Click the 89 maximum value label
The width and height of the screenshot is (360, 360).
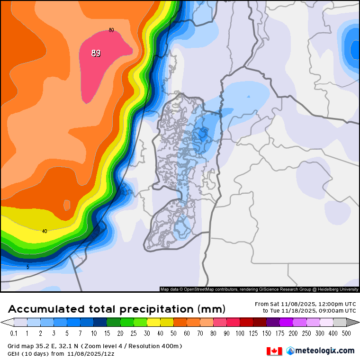(x=96, y=53)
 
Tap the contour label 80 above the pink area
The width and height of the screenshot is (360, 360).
(x=111, y=30)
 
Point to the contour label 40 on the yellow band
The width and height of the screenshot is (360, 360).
(x=45, y=231)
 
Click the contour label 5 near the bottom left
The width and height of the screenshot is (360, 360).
(x=27, y=267)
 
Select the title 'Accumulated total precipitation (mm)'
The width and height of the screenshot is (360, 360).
(x=117, y=309)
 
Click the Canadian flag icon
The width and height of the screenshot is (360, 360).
(x=274, y=351)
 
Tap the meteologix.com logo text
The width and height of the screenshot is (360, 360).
(x=324, y=351)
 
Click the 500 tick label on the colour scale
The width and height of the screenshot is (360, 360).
(x=347, y=333)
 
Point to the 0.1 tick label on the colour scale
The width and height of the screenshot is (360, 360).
(x=14, y=333)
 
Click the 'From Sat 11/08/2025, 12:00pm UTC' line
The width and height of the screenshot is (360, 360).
(x=305, y=304)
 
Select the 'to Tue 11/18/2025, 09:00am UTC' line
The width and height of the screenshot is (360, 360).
(x=309, y=311)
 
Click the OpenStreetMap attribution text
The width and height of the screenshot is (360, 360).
(x=259, y=289)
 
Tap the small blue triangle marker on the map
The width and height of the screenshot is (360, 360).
(x=248, y=97)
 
